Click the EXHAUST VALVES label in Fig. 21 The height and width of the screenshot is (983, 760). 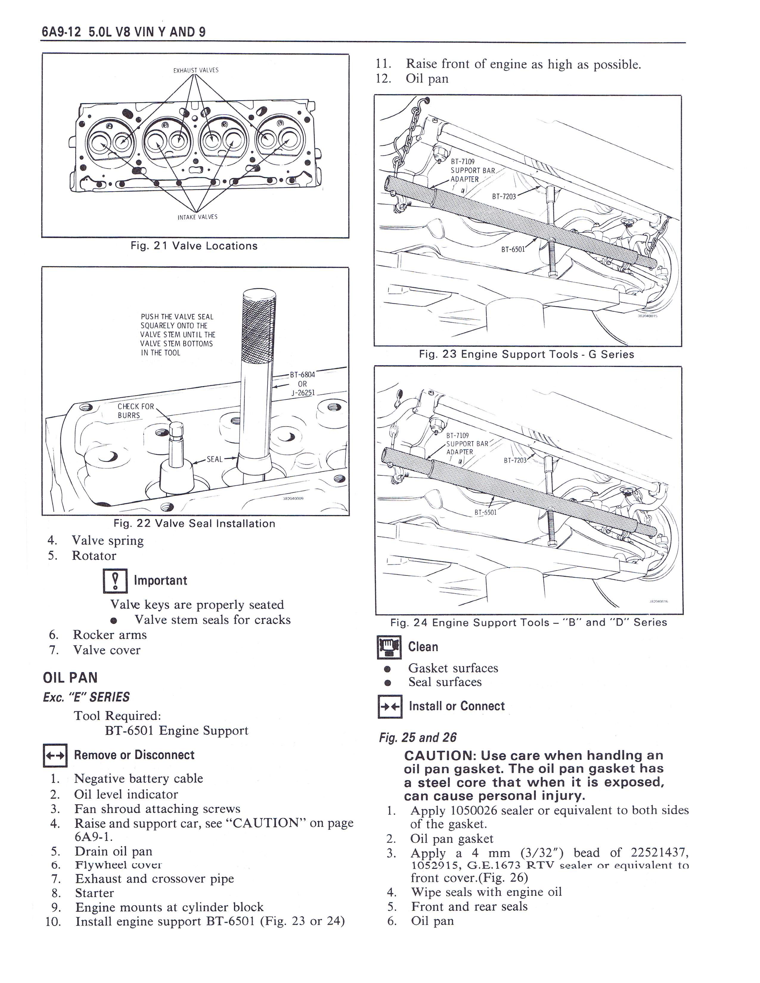(196, 70)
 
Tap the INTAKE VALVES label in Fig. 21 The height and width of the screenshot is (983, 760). (197, 217)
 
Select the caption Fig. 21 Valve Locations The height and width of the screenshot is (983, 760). (194, 246)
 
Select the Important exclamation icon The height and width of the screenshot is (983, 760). (116, 581)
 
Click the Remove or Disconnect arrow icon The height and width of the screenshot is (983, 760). (55, 755)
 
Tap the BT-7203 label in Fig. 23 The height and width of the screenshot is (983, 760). (504, 196)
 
